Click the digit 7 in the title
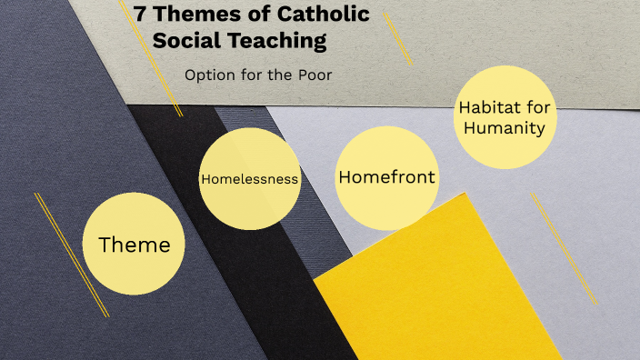pos(141,15)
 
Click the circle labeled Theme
pos(134,243)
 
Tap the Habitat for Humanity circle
pos(504,118)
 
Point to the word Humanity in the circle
pos(505,128)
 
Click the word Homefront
pos(386,177)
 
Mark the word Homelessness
pos(249,179)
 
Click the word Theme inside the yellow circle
pos(134,245)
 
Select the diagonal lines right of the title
pos(397,38)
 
